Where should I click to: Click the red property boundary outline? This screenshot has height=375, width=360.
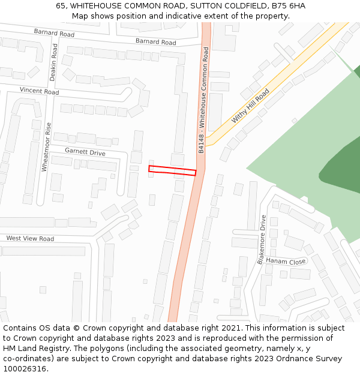[x=172, y=171]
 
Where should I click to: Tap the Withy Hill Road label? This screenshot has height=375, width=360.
[x=251, y=107]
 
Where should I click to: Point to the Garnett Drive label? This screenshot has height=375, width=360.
[x=85, y=152]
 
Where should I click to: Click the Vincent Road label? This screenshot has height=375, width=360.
[x=39, y=91]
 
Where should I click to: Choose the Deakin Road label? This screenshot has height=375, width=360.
[x=53, y=62]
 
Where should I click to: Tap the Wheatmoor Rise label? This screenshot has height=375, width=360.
[x=45, y=147]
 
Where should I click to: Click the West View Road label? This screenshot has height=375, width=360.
[x=30, y=238]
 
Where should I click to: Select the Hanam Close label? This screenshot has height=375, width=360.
[x=286, y=262]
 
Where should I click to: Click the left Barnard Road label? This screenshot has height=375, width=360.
[x=54, y=32]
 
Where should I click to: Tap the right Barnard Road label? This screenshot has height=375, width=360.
[x=155, y=41]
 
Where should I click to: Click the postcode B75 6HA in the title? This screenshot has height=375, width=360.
[x=287, y=5]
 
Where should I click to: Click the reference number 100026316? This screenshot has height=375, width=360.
[x=24, y=369]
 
